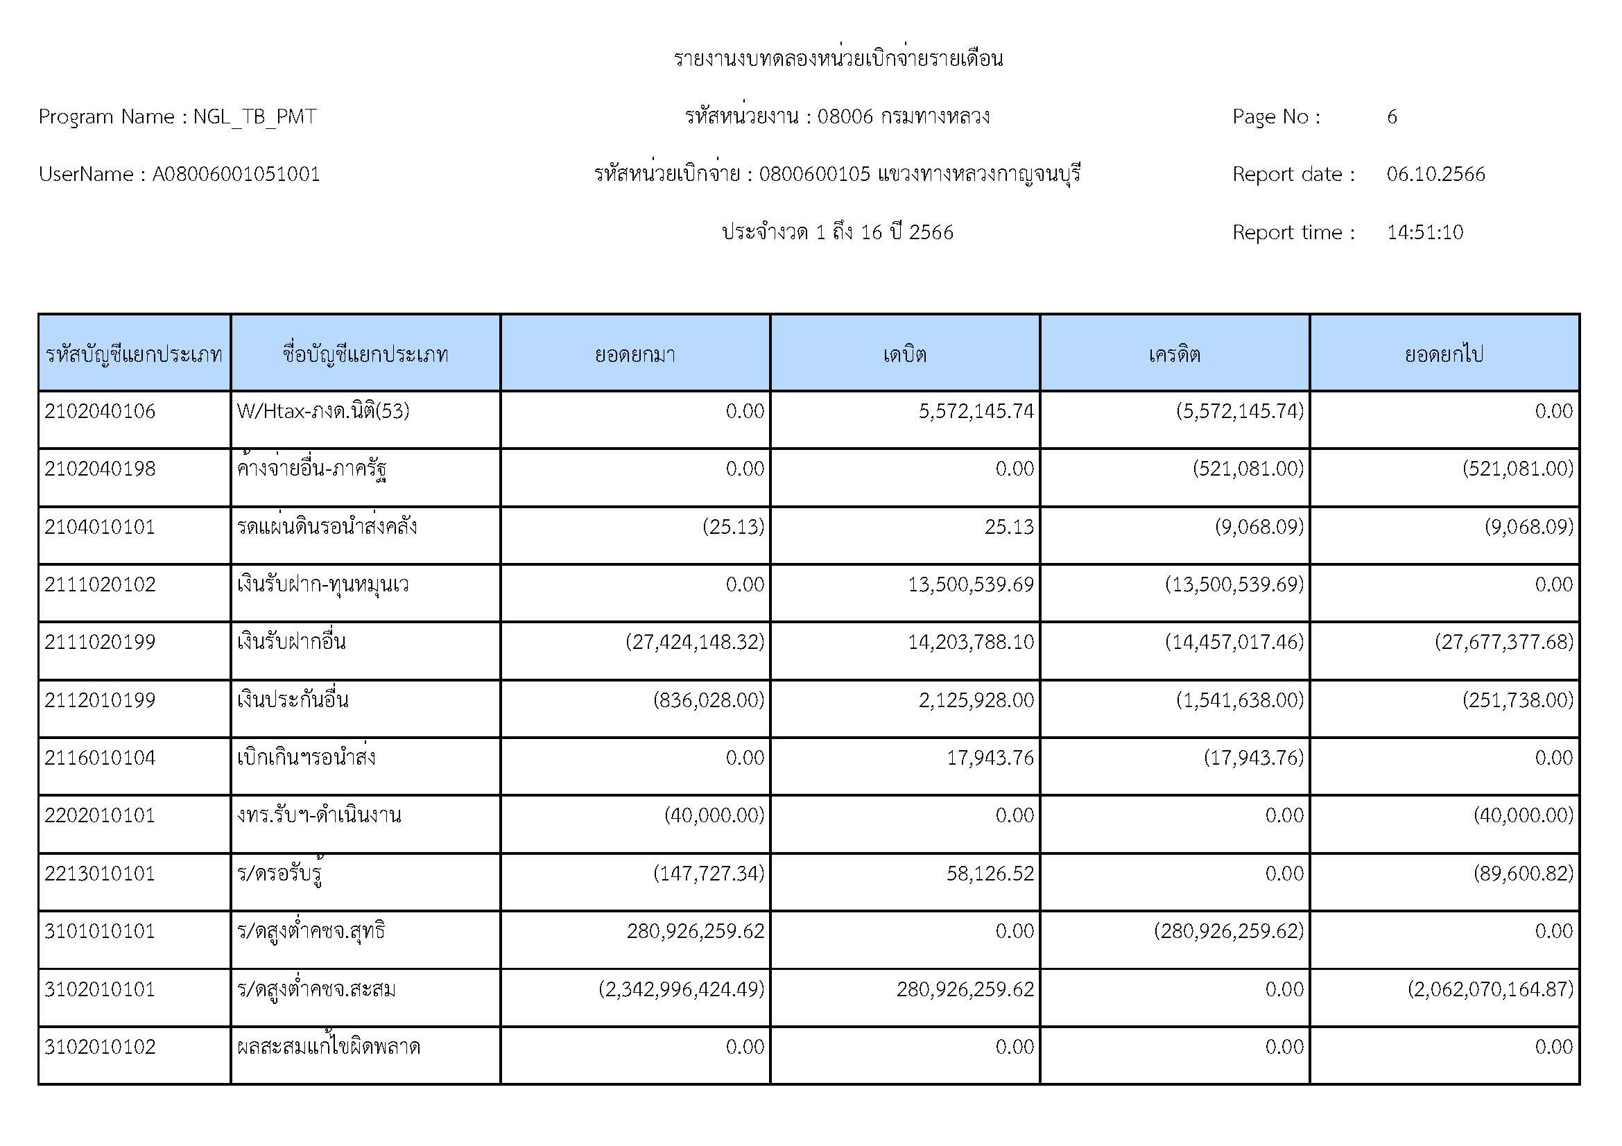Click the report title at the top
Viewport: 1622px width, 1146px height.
click(x=838, y=59)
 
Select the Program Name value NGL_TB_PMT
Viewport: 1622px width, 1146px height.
click(x=254, y=116)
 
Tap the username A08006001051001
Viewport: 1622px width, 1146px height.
click(x=236, y=175)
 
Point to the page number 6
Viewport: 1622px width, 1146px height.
click(x=1391, y=116)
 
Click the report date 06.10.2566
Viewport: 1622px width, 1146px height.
click(x=1435, y=175)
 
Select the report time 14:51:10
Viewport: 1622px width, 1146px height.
click(x=1424, y=232)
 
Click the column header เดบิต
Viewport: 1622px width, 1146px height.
click(x=904, y=354)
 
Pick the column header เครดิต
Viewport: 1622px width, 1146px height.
click(x=1174, y=354)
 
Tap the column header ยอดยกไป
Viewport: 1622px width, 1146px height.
click(x=1443, y=354)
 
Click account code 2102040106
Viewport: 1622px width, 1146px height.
click(x=100, y=411)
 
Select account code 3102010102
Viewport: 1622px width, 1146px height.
click(x=100, y=1046)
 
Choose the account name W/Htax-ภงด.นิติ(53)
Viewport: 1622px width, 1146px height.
click(x=323, y=411)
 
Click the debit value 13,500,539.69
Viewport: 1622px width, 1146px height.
click(x=971, y=584)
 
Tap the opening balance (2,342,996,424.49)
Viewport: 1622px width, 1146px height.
click(x=681, y=989)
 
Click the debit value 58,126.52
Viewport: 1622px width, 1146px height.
click(x=990, y=874)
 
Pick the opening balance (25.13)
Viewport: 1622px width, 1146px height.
click(x=732, y=527)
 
